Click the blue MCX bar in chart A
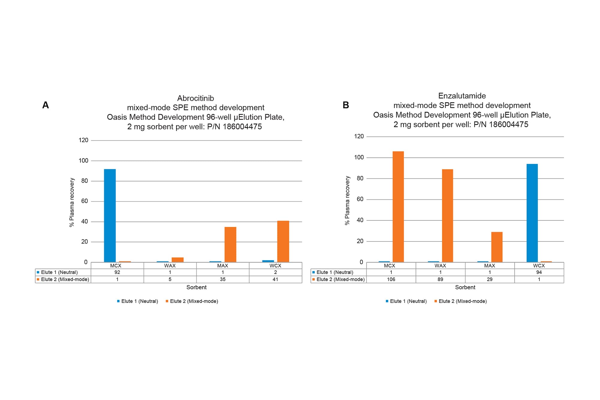(110, 215)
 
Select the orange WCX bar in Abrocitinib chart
(283, 241)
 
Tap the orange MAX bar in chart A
(230, 244)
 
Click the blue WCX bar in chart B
(532, 213)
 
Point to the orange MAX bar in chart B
(496, 247)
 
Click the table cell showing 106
(391, 279)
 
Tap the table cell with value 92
(117, 272)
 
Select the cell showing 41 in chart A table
(275, 279)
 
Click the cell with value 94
(539, 272)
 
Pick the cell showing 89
(440, 279)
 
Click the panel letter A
(45, 105)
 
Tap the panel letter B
(346, 105)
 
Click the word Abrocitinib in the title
(195, 98)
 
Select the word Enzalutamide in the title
(462, 96)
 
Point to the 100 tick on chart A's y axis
(83, 161)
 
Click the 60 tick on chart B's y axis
(360, 199)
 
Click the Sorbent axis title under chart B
(465, 287)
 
